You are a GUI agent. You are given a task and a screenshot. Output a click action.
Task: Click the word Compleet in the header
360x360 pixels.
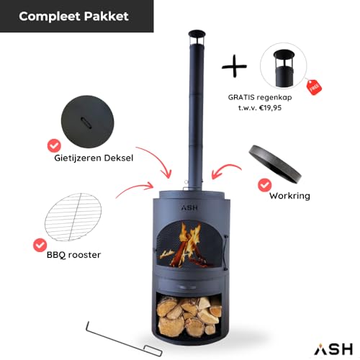[x=50, y=17]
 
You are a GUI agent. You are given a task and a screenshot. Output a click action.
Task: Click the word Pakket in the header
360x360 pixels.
[x=107, y=17]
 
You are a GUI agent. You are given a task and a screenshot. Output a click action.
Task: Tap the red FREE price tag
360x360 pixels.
[x=315, y=87]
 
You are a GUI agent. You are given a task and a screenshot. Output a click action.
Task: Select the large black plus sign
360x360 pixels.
[x=234, y=66]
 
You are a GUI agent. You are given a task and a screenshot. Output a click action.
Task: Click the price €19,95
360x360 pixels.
[x=270, y=108]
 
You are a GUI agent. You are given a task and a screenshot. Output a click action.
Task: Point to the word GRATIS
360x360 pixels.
[x=241, y=97]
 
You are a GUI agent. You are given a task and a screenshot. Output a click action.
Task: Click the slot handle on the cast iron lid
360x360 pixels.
[x=86, y=122]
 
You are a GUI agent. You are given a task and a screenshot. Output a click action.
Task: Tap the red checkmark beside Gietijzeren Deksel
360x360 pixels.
[x=54, y=145]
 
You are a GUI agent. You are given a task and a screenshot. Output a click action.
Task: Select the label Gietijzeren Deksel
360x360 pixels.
[x=94, y=158]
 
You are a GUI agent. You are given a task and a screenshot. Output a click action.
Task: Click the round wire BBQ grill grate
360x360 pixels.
[x=73, y=217]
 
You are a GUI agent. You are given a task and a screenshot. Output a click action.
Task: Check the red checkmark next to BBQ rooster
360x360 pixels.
[x=40, y=245]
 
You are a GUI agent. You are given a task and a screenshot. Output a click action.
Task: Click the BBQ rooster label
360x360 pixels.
[x=73, y=255]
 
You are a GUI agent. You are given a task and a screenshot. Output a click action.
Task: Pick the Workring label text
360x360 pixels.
[x=289, y=196]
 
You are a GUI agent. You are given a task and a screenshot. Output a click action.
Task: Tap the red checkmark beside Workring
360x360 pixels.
[x=265, y=185]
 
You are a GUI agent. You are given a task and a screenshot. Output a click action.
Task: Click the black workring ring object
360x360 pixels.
[x=275, y=164]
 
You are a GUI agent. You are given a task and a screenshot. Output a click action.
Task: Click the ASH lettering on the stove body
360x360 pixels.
[x=189, y=208]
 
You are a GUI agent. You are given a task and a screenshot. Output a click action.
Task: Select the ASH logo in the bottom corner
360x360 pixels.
[x=333, y=348]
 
